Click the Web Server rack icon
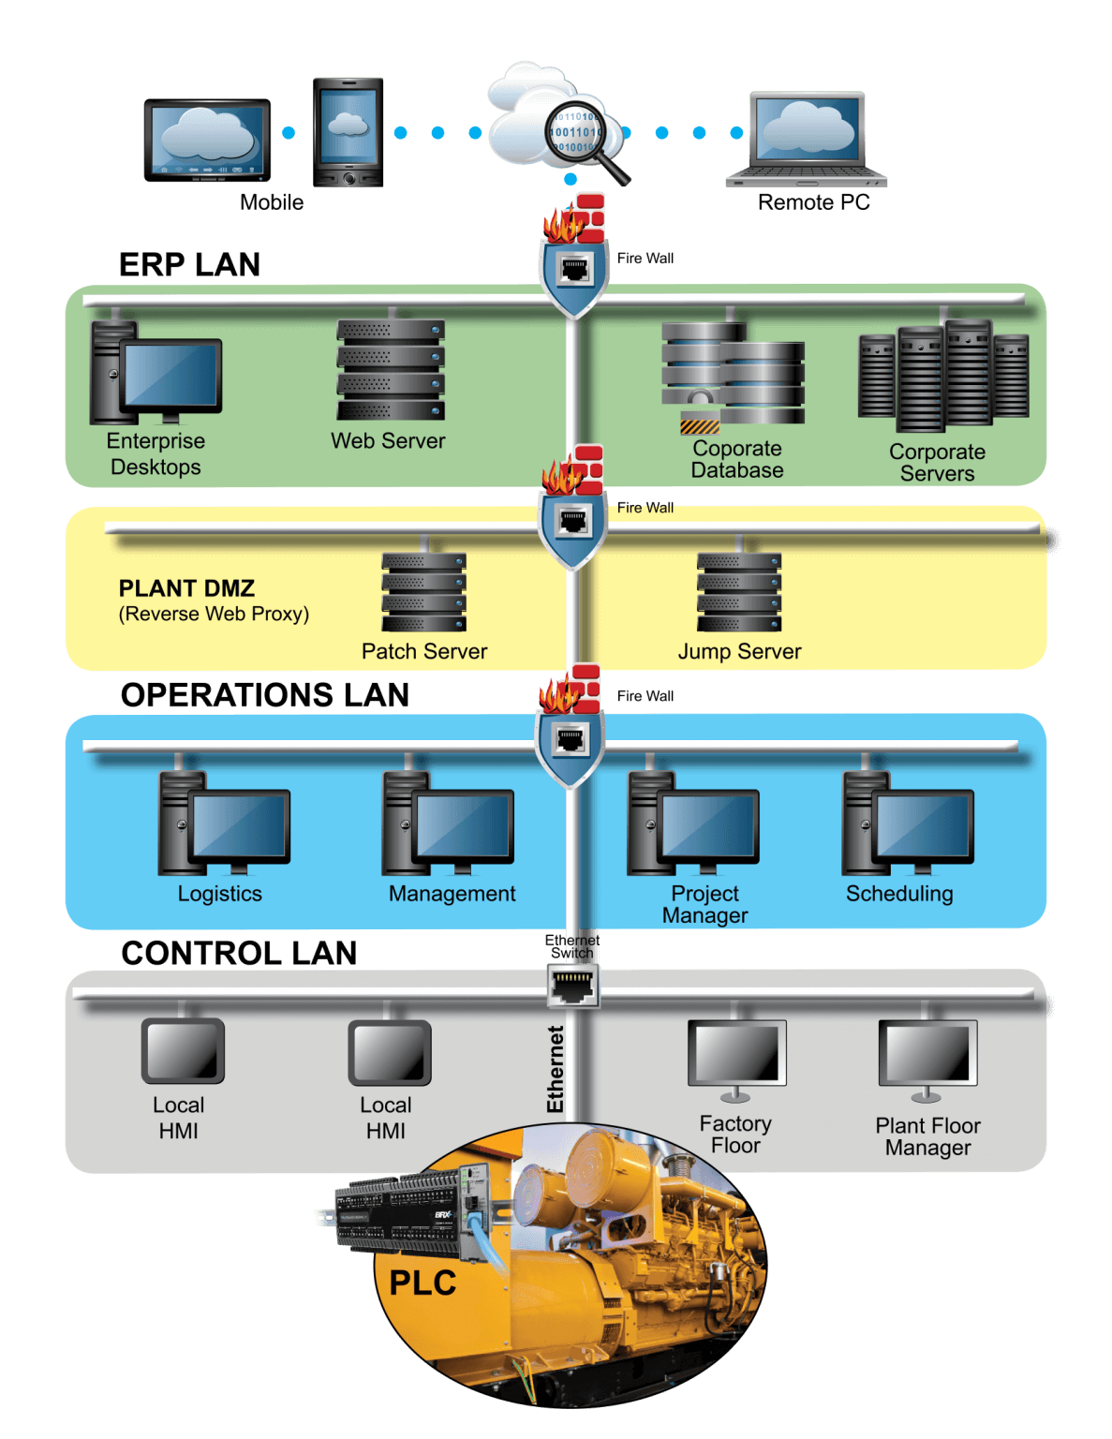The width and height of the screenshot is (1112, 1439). [x=391, y=370]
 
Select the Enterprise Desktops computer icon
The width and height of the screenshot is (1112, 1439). [x=156, y=374]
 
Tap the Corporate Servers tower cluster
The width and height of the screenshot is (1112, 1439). [x=943, y=376]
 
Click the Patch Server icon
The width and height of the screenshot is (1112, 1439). [x=423, y=592]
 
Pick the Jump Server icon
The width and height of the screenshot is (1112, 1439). [x=739, y=592]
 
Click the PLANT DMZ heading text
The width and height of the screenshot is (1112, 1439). [x=186, y=588]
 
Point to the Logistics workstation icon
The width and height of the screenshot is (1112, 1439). [x=224, y=823]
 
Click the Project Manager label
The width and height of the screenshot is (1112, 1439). [x=704, y=904]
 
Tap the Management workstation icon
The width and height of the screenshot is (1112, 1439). [x=448, y=823]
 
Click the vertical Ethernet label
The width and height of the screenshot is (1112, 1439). [x=556, y=1069]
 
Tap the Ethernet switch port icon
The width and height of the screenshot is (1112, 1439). [x=572, y=987]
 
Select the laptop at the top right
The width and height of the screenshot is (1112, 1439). [x=807, y=139]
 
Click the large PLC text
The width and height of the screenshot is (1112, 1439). [x=423, y=1283]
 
